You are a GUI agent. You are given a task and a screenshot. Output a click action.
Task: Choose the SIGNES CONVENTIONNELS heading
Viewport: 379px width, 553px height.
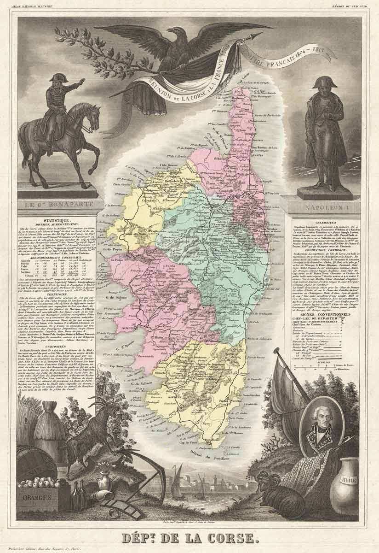coord(327,315)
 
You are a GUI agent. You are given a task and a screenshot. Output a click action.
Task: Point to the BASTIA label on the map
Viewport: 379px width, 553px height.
coord(261,155)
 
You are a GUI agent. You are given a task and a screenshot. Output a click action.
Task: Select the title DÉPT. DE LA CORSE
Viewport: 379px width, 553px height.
coord(189,537)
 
